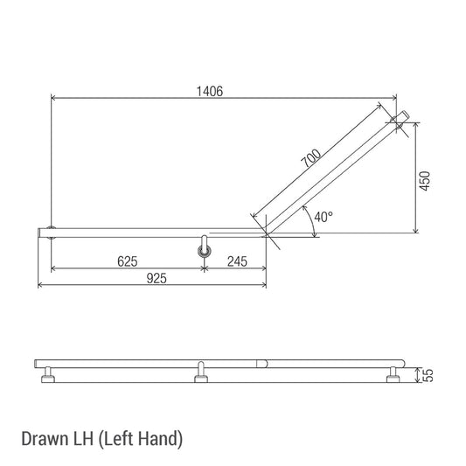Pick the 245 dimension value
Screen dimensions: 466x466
coord(236,261)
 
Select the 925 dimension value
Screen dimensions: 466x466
coord(156,277)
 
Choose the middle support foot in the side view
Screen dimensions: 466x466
coord(202,376)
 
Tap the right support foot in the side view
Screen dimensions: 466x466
coord(394,376)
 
